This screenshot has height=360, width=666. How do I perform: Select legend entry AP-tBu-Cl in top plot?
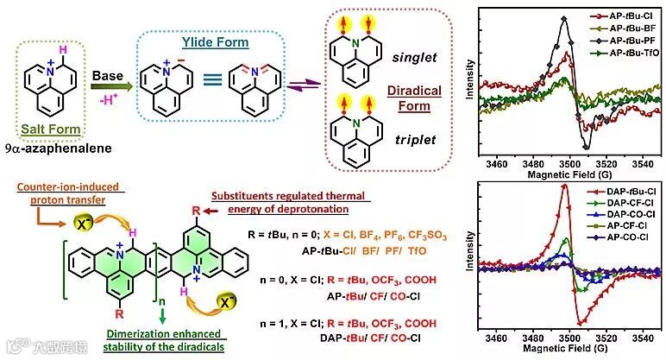pos(612,16)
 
